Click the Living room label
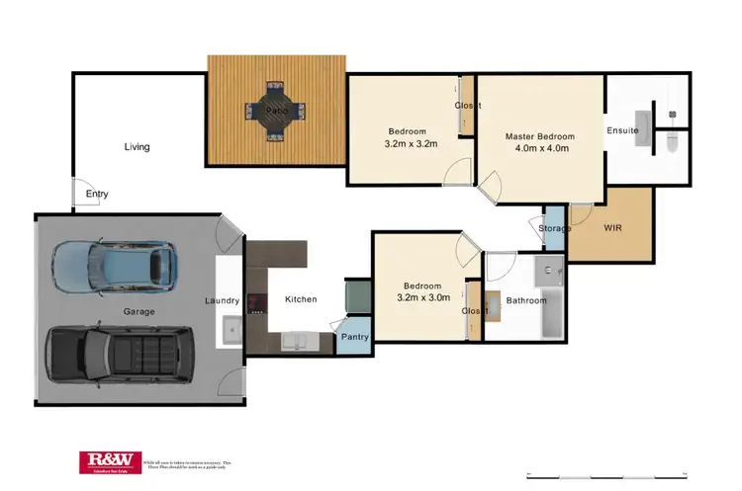[x=137, y=147]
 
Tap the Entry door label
[x=97, y=194]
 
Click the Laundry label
[x=223, y=300]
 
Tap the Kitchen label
[x=301, y=299]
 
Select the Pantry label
[x=354, y=337]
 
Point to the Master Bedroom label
[x=539, y=136]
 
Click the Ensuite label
[x=622, y=130]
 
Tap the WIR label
[x=613, y=227]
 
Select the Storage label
[x=555, y=229]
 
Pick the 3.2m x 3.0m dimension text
[x=423, y=297]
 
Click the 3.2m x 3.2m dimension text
[x=410, y=144]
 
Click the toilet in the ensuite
[x=671, y=141]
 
